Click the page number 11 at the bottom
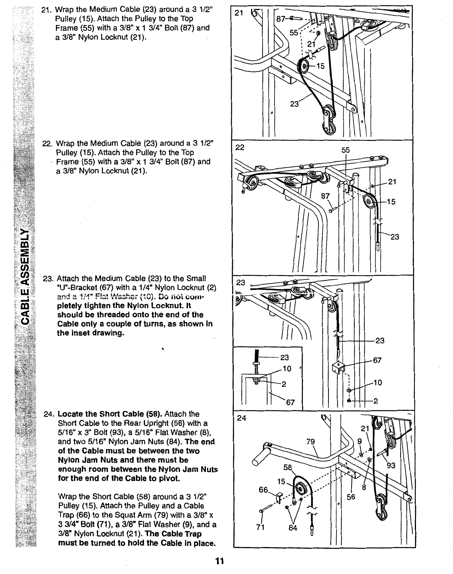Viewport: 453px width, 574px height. coord(220,561)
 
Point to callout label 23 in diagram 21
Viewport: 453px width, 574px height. coord(295,104)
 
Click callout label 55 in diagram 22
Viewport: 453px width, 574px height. coord(345,151)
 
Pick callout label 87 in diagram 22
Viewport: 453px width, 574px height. coord(326,196)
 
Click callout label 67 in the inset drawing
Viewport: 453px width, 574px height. coord(290,403)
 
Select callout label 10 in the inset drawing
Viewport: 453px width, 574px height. coord(287,369)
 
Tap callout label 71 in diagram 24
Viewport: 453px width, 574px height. coord(259,527)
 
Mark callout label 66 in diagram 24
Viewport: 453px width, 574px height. coord(263,490)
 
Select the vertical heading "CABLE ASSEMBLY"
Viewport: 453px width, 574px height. coord(26,276)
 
